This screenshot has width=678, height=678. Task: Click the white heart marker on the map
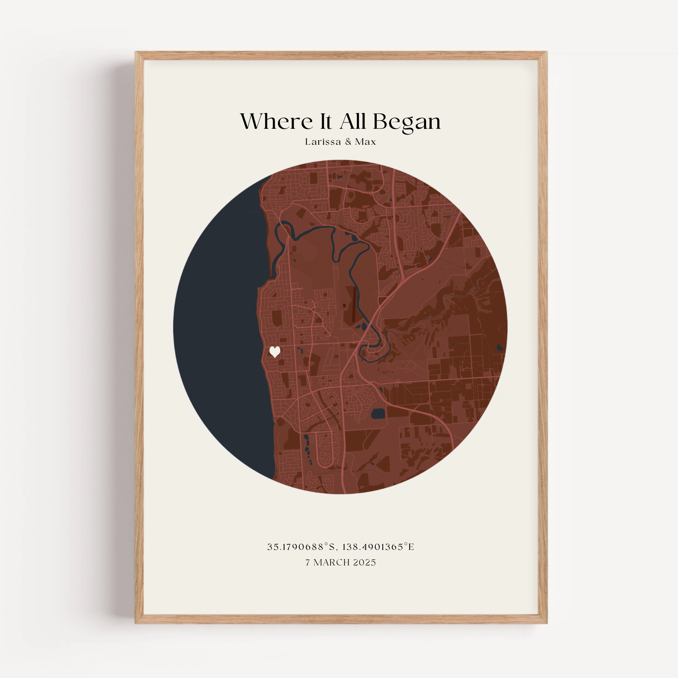pos(275,352)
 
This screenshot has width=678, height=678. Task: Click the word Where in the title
pos(276,121)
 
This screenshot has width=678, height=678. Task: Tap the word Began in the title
pos(407,122)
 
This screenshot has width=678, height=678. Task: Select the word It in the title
pos(326,121)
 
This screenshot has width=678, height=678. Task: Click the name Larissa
pos(323,142)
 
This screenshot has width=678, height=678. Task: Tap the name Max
pos(365,142)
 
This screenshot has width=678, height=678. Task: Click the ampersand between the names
pos(348,142)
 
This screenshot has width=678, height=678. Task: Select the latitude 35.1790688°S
pos(302,547)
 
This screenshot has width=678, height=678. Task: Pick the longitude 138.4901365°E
pos(378,547)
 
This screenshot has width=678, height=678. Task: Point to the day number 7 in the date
pos(308,562)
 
